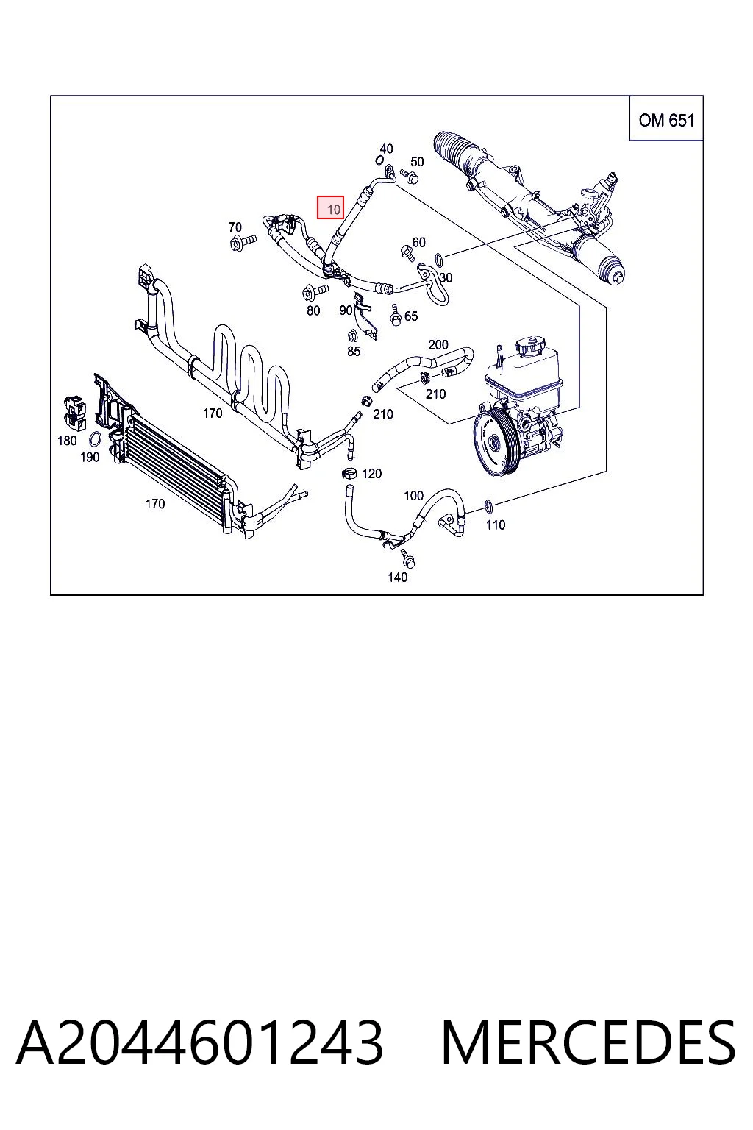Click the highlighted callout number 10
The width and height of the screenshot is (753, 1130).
tap(333, 209)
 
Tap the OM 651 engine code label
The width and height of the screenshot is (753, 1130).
tap(666, 120)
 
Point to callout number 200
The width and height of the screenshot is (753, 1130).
tap(438, 344)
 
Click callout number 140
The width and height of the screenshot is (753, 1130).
tap(397, 577)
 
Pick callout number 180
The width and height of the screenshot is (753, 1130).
tap(67, 441)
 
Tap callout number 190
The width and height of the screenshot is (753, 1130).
tap(90, 457)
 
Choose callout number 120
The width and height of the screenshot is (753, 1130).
tap(371, 474)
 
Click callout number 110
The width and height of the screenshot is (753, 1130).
tap(496, 525)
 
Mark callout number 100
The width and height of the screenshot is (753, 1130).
tap(413, 496)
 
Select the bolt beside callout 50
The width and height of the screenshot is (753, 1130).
tap(409, 177)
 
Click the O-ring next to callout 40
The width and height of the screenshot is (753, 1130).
tap(378, 160)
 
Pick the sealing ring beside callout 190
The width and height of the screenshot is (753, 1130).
tap(94, 439)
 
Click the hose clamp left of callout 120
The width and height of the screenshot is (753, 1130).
tap(349, 473)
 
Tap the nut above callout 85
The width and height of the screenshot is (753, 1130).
tap(353, 335)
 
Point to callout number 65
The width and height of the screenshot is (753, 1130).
tap(411, 316)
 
